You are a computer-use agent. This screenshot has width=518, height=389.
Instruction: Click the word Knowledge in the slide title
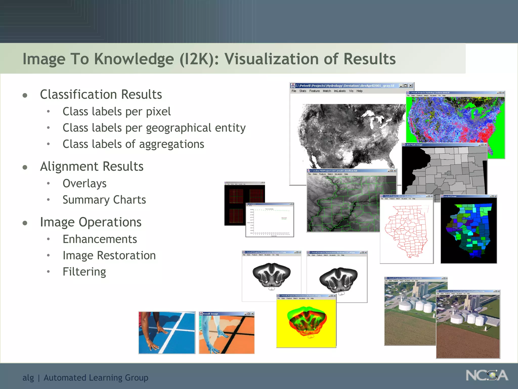click(x=134, y=59)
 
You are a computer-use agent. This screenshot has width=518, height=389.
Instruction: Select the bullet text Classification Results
click(x=101, y=94)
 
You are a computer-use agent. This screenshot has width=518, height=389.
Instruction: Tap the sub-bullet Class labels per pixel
click(x=116, y=112)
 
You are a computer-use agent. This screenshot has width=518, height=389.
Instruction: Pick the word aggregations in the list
click(x=171, y=144)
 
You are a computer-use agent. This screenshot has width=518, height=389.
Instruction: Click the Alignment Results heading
click(x=92, y=167)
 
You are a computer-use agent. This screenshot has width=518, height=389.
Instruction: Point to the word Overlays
click(x=84, y=184)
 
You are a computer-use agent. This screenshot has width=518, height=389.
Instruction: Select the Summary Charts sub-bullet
click(x=104, y=200)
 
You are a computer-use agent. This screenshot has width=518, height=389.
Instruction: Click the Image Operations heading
click(x=91, y=222)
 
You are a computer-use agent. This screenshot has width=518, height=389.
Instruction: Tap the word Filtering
click(x=84, y=272)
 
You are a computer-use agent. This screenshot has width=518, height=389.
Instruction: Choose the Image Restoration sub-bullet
click(x=109, y=256)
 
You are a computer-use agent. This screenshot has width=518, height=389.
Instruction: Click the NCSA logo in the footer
click(x=487, y=375)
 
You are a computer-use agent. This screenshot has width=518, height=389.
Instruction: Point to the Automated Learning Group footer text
click(x=96, y=378)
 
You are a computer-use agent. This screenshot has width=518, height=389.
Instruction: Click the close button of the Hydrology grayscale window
click(x=411, y=86)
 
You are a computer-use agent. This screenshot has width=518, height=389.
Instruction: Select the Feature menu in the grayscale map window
click(x=314, y=91)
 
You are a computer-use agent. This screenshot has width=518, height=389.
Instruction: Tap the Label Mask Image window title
click(x=414, y=145)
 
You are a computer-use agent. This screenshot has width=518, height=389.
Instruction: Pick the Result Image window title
click(x=210, y=314)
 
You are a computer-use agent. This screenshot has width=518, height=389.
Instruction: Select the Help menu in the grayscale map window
click(x=359, y=91)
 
